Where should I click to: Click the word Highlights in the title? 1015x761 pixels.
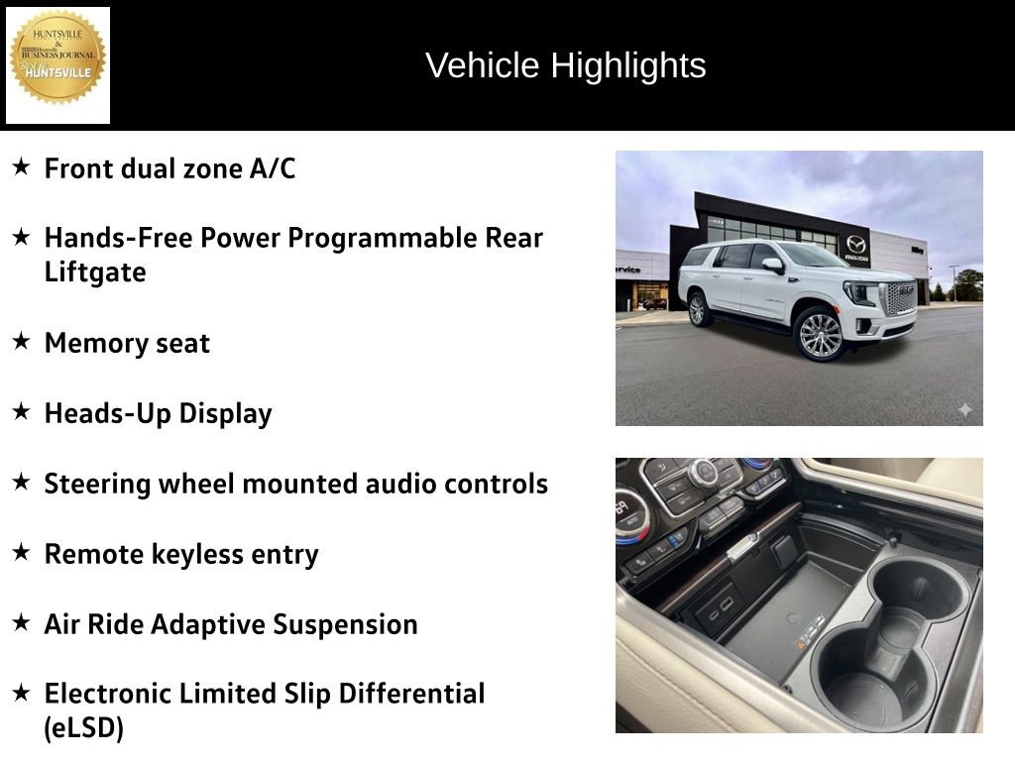(x=628, y=65)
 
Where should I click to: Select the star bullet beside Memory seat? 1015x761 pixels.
(x=21, y=342)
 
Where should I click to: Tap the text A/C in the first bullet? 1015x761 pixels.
(x=273, y=168)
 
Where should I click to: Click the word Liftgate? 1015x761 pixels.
(x=95, y=272)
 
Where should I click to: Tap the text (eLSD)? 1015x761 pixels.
(x=84, y=729)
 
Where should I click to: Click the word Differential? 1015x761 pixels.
(x=412, y=694)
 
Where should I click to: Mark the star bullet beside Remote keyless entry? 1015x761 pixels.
(x=21, y=553)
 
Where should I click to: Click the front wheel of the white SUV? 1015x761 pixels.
(x=819, y=333)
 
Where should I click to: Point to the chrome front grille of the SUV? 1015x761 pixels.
(x=899, y=297)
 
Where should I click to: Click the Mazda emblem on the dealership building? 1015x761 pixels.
(x=855, y=244)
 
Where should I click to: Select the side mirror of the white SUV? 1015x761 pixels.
(x=772, y=266)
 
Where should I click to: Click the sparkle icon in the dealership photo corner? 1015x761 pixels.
(x=964, y=409)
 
